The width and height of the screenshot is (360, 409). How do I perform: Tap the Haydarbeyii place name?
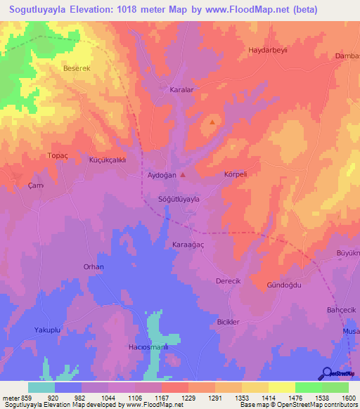pos(269,51)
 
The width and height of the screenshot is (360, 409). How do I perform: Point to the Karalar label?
pos(182,91)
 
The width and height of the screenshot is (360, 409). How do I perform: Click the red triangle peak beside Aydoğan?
pos(184,174)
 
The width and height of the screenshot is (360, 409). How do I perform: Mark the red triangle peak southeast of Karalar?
pos(212,122)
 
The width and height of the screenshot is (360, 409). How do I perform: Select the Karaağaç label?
pos(188,244)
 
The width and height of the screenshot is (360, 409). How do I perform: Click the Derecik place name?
pos(228,280)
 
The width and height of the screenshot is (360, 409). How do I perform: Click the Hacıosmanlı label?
pos(149,347)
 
